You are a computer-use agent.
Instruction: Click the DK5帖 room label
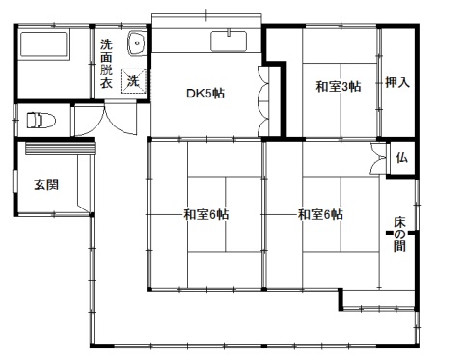(205, 94)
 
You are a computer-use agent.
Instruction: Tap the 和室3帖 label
(339, 86)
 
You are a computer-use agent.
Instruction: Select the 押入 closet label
(397, 82)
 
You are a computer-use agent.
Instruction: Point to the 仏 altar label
(402, 157)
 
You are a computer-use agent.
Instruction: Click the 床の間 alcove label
(399, 235)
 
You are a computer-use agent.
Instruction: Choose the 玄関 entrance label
(46, 184)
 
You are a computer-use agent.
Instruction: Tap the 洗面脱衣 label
(106, 64)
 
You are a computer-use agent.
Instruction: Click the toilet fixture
(41, 120)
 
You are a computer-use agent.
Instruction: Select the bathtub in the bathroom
(44, 44)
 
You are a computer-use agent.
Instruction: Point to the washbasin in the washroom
(137, 43)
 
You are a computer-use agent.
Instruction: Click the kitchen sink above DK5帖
(229, 41)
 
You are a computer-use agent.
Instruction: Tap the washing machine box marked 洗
(133, 81)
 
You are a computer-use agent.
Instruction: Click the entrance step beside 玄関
(60, 149)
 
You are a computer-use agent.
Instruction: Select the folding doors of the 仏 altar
(378, 158)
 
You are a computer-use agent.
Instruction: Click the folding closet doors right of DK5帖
(263, 100)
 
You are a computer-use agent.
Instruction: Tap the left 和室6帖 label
(206, 214)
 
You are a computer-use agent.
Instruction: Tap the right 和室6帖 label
(320, 214)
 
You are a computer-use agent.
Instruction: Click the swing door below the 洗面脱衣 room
(121, 119)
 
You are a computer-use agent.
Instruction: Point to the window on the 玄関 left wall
(14, 181)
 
